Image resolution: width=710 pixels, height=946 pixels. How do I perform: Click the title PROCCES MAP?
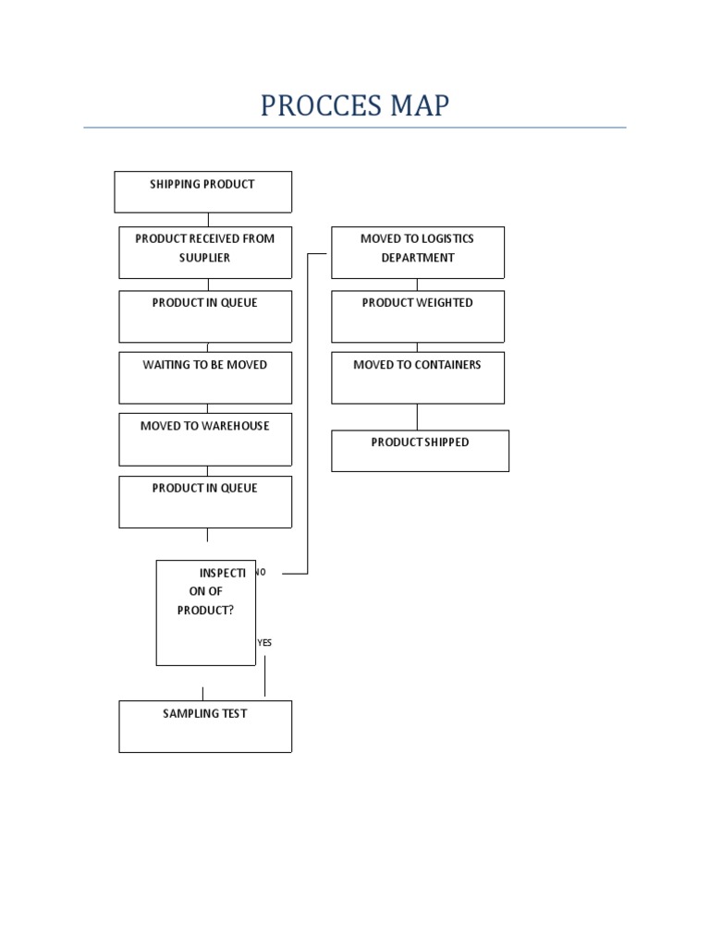354,105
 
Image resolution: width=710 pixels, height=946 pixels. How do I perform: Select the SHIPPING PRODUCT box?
202,191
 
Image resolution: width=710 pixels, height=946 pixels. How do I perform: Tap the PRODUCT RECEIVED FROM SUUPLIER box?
205,252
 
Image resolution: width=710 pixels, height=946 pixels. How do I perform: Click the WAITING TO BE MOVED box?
205,377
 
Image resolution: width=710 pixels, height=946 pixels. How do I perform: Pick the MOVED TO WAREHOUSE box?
205,439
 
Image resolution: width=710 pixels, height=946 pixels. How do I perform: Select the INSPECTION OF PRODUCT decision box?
205,612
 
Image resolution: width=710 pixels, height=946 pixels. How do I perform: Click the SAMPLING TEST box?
205,726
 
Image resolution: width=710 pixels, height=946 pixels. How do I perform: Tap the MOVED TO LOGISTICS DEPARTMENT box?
418,252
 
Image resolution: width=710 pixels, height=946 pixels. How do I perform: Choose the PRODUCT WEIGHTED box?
418,316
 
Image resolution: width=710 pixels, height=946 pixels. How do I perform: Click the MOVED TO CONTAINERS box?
418,377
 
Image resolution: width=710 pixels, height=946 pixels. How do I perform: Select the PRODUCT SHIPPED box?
420,451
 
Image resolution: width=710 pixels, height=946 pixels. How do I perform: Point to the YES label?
264,642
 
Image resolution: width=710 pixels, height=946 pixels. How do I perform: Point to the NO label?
261,573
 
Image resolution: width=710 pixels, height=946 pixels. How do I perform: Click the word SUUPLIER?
204,258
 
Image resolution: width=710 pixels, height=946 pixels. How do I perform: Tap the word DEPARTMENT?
418,258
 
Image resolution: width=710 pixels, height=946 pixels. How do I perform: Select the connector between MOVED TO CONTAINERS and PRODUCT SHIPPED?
417,417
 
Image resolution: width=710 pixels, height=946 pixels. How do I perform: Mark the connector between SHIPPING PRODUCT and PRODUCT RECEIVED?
208,220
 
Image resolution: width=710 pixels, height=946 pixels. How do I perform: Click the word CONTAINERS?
448,365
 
